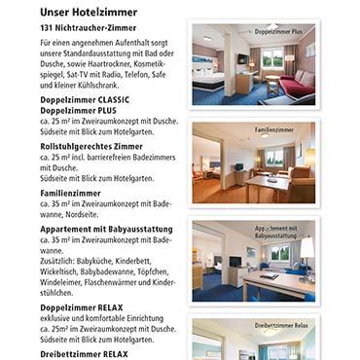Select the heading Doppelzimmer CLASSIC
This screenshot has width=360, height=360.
(85, 101)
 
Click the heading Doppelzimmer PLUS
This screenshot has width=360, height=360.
(77, 112)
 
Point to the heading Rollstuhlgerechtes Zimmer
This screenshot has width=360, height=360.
(91, 146)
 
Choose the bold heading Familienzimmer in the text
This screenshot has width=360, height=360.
(70, 194)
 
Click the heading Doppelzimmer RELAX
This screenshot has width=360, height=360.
(79, 306)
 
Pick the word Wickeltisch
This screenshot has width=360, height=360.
(63, 271)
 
